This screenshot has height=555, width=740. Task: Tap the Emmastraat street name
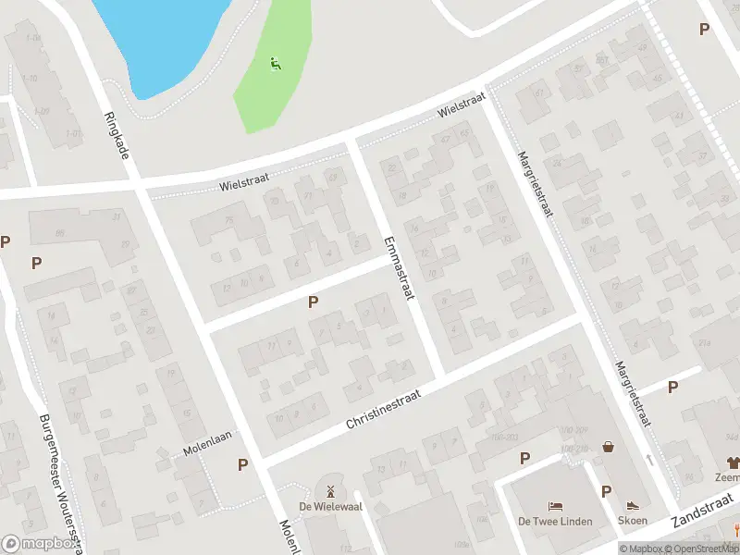[399, 267]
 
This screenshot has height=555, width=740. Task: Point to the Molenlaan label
[205, 442]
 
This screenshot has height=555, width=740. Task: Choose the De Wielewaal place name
[328, 505]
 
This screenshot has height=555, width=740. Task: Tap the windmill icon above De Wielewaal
[328, 489]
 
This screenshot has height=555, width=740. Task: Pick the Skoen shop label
[633, 522]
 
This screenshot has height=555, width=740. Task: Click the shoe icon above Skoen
[633, 506]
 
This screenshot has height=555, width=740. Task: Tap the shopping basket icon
[609, 447]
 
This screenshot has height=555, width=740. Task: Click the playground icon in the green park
[275, 64]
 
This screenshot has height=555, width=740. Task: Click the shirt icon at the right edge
[733, 462]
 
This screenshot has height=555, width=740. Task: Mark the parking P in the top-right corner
[704, 30]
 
